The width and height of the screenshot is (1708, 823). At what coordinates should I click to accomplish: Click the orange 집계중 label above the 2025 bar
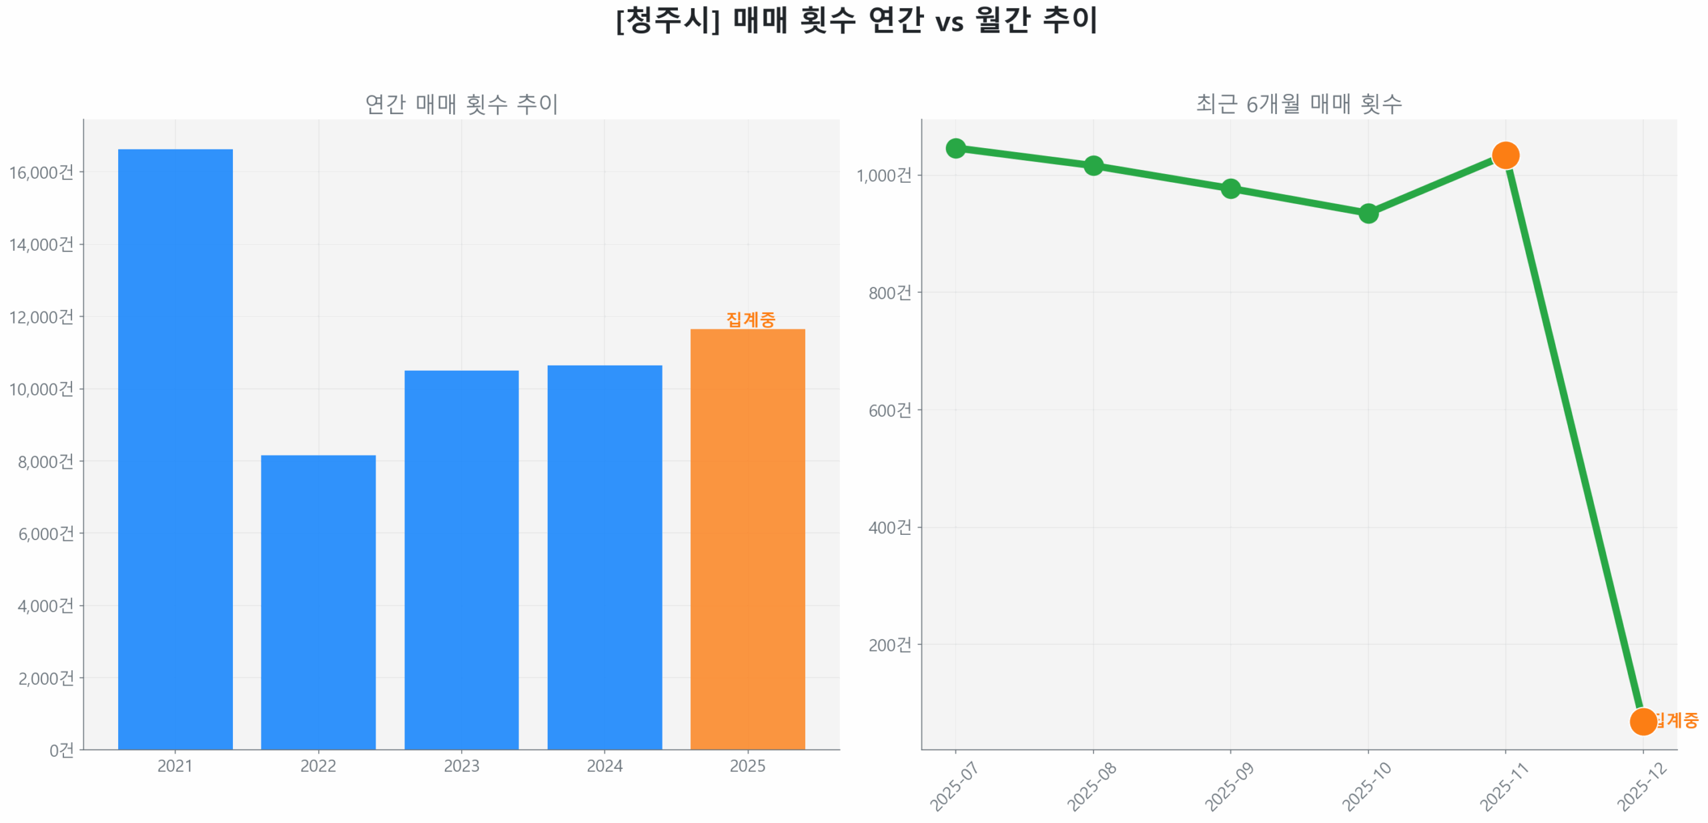(x=750, y=319)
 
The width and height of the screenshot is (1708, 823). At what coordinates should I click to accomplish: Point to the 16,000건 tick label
(x=41, y=172)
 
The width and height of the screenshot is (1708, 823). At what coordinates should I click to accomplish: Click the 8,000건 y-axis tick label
(x=45, y=461)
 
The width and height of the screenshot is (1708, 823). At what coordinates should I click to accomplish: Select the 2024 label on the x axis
(x=604, y=765)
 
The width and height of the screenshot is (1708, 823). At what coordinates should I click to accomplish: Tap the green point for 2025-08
(x=1092, y=165)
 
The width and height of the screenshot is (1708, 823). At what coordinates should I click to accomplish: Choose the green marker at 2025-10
(x=1367, y=213)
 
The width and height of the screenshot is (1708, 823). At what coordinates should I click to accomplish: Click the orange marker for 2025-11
(x=1505, y=155)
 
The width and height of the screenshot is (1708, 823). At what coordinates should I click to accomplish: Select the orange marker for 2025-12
(x=1642, y=721)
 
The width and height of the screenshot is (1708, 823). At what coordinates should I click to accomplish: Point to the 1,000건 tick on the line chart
(x=883, y=175)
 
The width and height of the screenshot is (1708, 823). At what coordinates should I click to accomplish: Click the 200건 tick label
(x=889, y=644)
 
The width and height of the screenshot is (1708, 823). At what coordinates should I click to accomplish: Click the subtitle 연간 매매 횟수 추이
(x=461, y=104)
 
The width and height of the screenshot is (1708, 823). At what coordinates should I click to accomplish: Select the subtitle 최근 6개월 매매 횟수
(x=1298, y=104)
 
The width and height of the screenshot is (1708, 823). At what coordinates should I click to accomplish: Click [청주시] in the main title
(x=667, y=20)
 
